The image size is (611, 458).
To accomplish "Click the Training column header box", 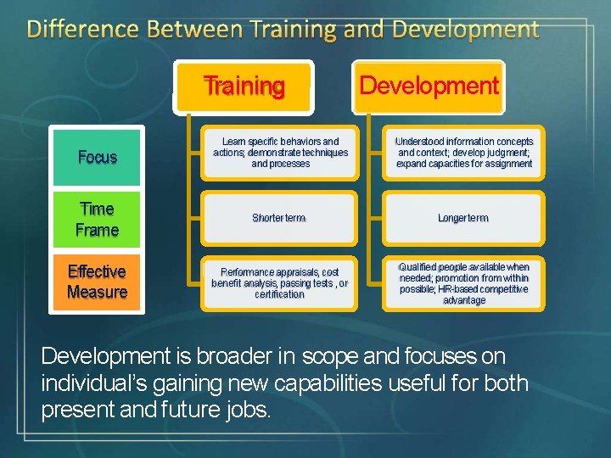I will tap(244, 86).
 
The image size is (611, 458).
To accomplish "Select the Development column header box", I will tap(429, 86).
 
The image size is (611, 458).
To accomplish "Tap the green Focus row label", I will tap(97, 157).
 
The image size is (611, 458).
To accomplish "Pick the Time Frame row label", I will tap(97, 219).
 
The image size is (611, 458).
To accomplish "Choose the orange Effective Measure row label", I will tap(97, 282).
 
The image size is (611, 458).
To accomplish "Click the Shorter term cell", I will tap(278, 218).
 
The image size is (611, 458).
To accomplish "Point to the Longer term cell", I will tap(463, 218).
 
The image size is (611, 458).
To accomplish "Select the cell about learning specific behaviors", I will tap(280, 153).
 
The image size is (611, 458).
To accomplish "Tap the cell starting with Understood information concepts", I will tap(464, 153).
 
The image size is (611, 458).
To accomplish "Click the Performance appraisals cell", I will tap(279, 282).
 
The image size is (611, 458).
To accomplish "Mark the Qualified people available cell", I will tap(464, 282).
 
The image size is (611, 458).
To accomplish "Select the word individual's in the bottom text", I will tap(96, 383).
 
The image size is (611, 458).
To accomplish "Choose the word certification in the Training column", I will tap(279, 294).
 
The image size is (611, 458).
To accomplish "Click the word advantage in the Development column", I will tap(464, 300).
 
